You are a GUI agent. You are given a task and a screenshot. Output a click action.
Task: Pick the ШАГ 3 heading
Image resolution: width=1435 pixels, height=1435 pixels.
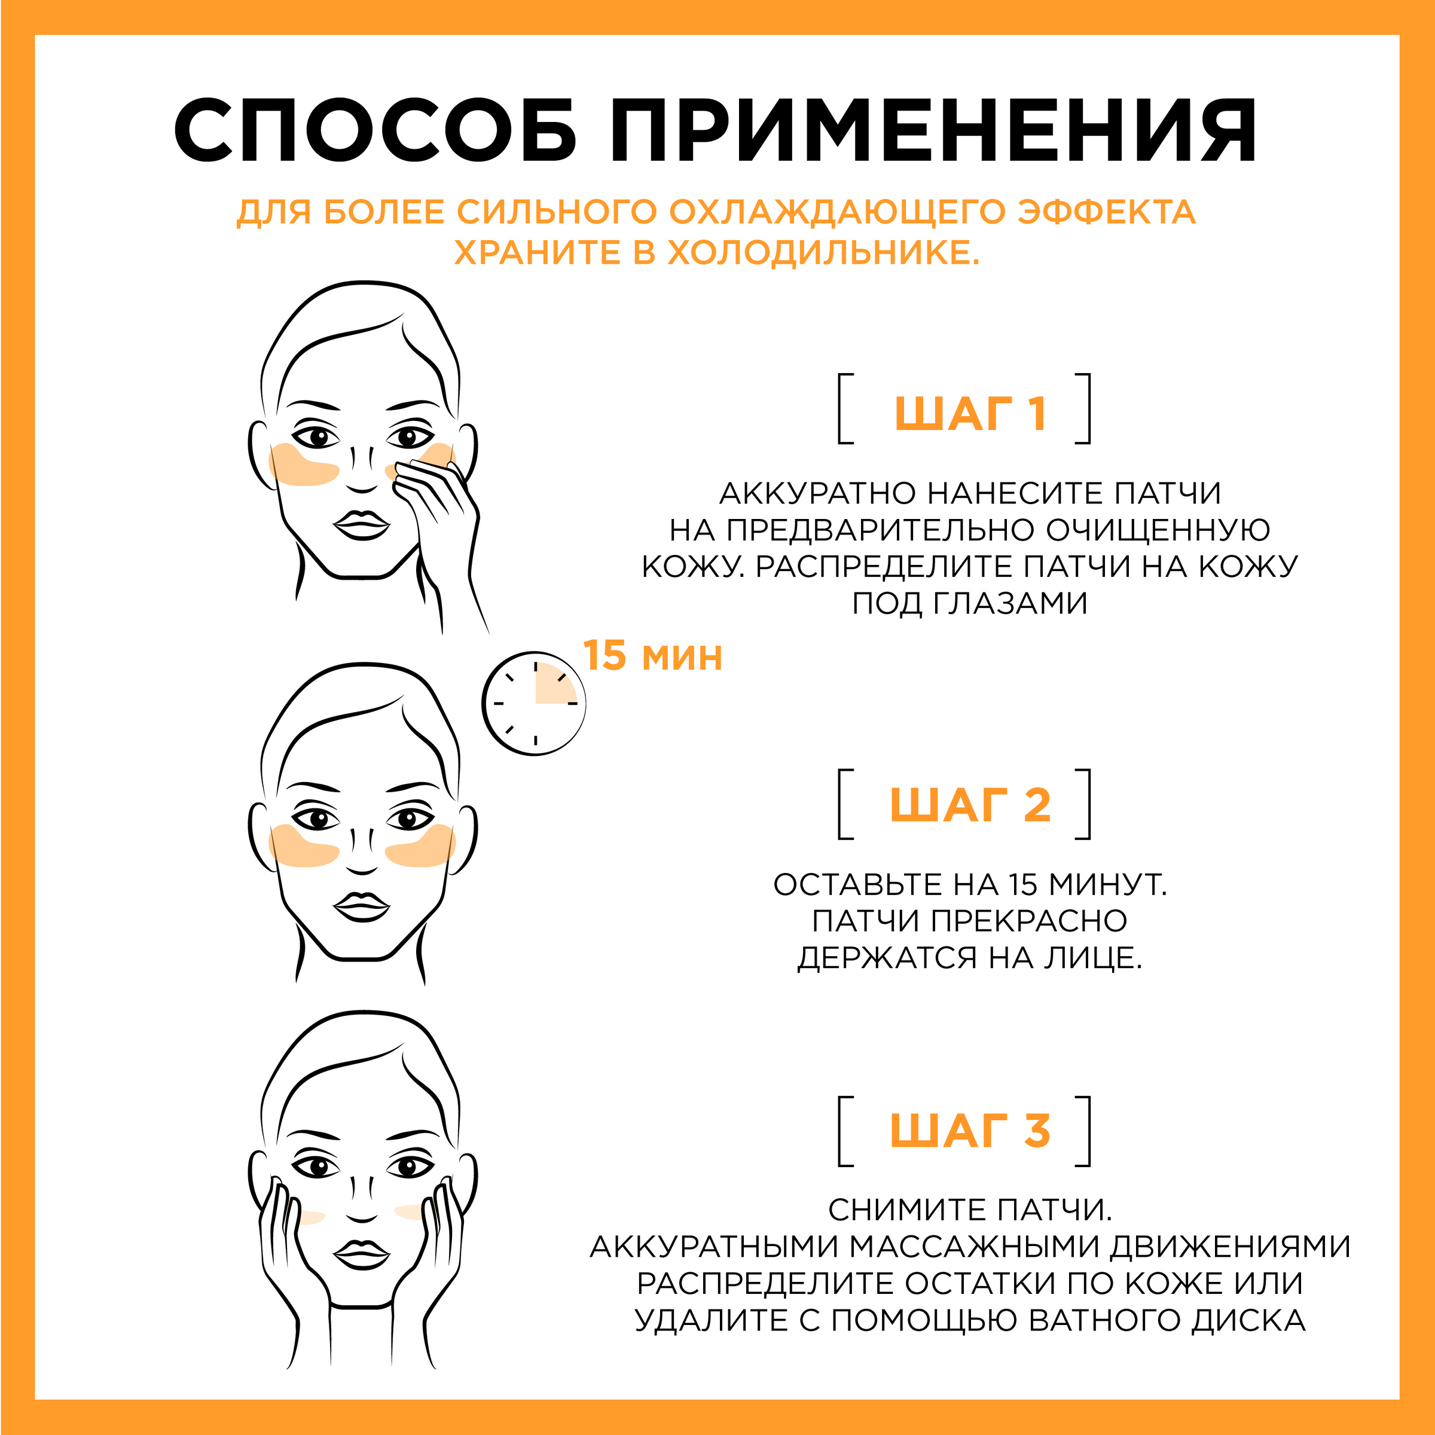(970, 1131)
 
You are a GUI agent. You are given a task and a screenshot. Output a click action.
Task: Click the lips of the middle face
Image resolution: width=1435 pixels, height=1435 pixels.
(362, 906)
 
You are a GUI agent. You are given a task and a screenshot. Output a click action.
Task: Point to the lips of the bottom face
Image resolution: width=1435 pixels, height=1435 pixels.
(362, 1254)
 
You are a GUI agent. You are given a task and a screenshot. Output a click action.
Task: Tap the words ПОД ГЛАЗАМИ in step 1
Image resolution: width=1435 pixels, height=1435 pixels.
(969, 603)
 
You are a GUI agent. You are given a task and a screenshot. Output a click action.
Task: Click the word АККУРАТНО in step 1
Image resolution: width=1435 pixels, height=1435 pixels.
(819, 493)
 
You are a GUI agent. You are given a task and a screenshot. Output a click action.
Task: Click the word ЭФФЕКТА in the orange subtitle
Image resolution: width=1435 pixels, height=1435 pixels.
(1106, 212)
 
